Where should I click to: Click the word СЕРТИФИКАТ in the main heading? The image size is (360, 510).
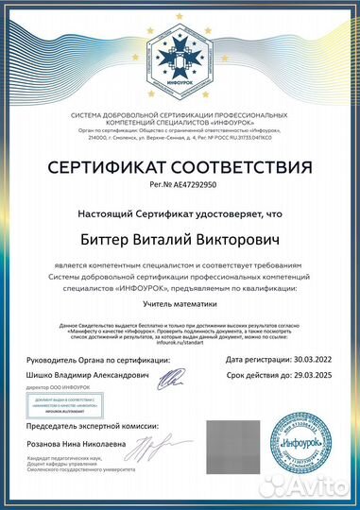click(x=103, y=168)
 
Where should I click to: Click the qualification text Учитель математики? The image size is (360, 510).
click(x=180, y=304)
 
